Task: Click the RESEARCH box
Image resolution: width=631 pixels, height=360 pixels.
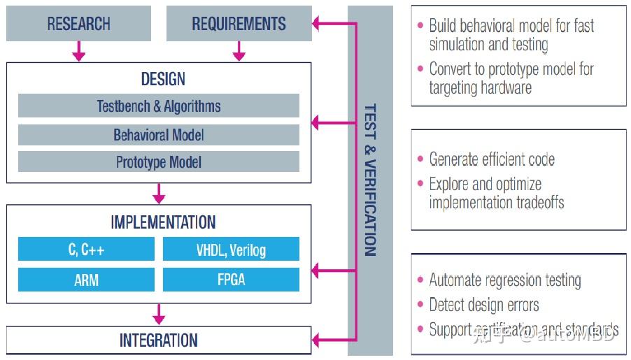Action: click(78, 24)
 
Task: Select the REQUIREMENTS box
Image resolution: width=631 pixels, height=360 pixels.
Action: click(239, 24)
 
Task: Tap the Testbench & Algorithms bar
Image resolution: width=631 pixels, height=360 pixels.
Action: click(158, 106)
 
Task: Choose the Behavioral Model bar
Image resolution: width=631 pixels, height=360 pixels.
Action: click(158, 134)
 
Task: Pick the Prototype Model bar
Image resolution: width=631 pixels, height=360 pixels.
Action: click(158, 162)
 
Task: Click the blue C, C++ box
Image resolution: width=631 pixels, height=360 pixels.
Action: click(86, 250)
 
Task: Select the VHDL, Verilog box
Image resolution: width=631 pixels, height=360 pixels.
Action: click(231, 250)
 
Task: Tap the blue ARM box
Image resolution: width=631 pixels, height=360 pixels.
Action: click(86, 280)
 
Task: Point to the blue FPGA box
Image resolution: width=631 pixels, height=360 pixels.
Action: click(231, 280)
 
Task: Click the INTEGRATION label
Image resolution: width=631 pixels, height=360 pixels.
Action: click(159, 340)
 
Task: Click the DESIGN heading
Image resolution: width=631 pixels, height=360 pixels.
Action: click(159, 79)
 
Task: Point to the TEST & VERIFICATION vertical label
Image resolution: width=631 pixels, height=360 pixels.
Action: click(370, 180)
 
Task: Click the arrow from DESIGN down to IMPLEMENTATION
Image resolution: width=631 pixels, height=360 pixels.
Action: click(159, 194)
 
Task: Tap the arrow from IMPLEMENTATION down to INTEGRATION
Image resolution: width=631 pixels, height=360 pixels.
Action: click(159, 314)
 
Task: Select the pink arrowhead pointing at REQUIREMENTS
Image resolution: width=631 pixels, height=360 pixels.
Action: click(317, 24)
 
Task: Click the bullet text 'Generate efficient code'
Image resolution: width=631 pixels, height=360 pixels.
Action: click(492, 159)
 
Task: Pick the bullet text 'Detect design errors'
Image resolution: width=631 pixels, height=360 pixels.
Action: click(484, 305)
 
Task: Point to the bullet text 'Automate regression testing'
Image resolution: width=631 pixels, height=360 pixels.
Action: click(504, 280)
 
